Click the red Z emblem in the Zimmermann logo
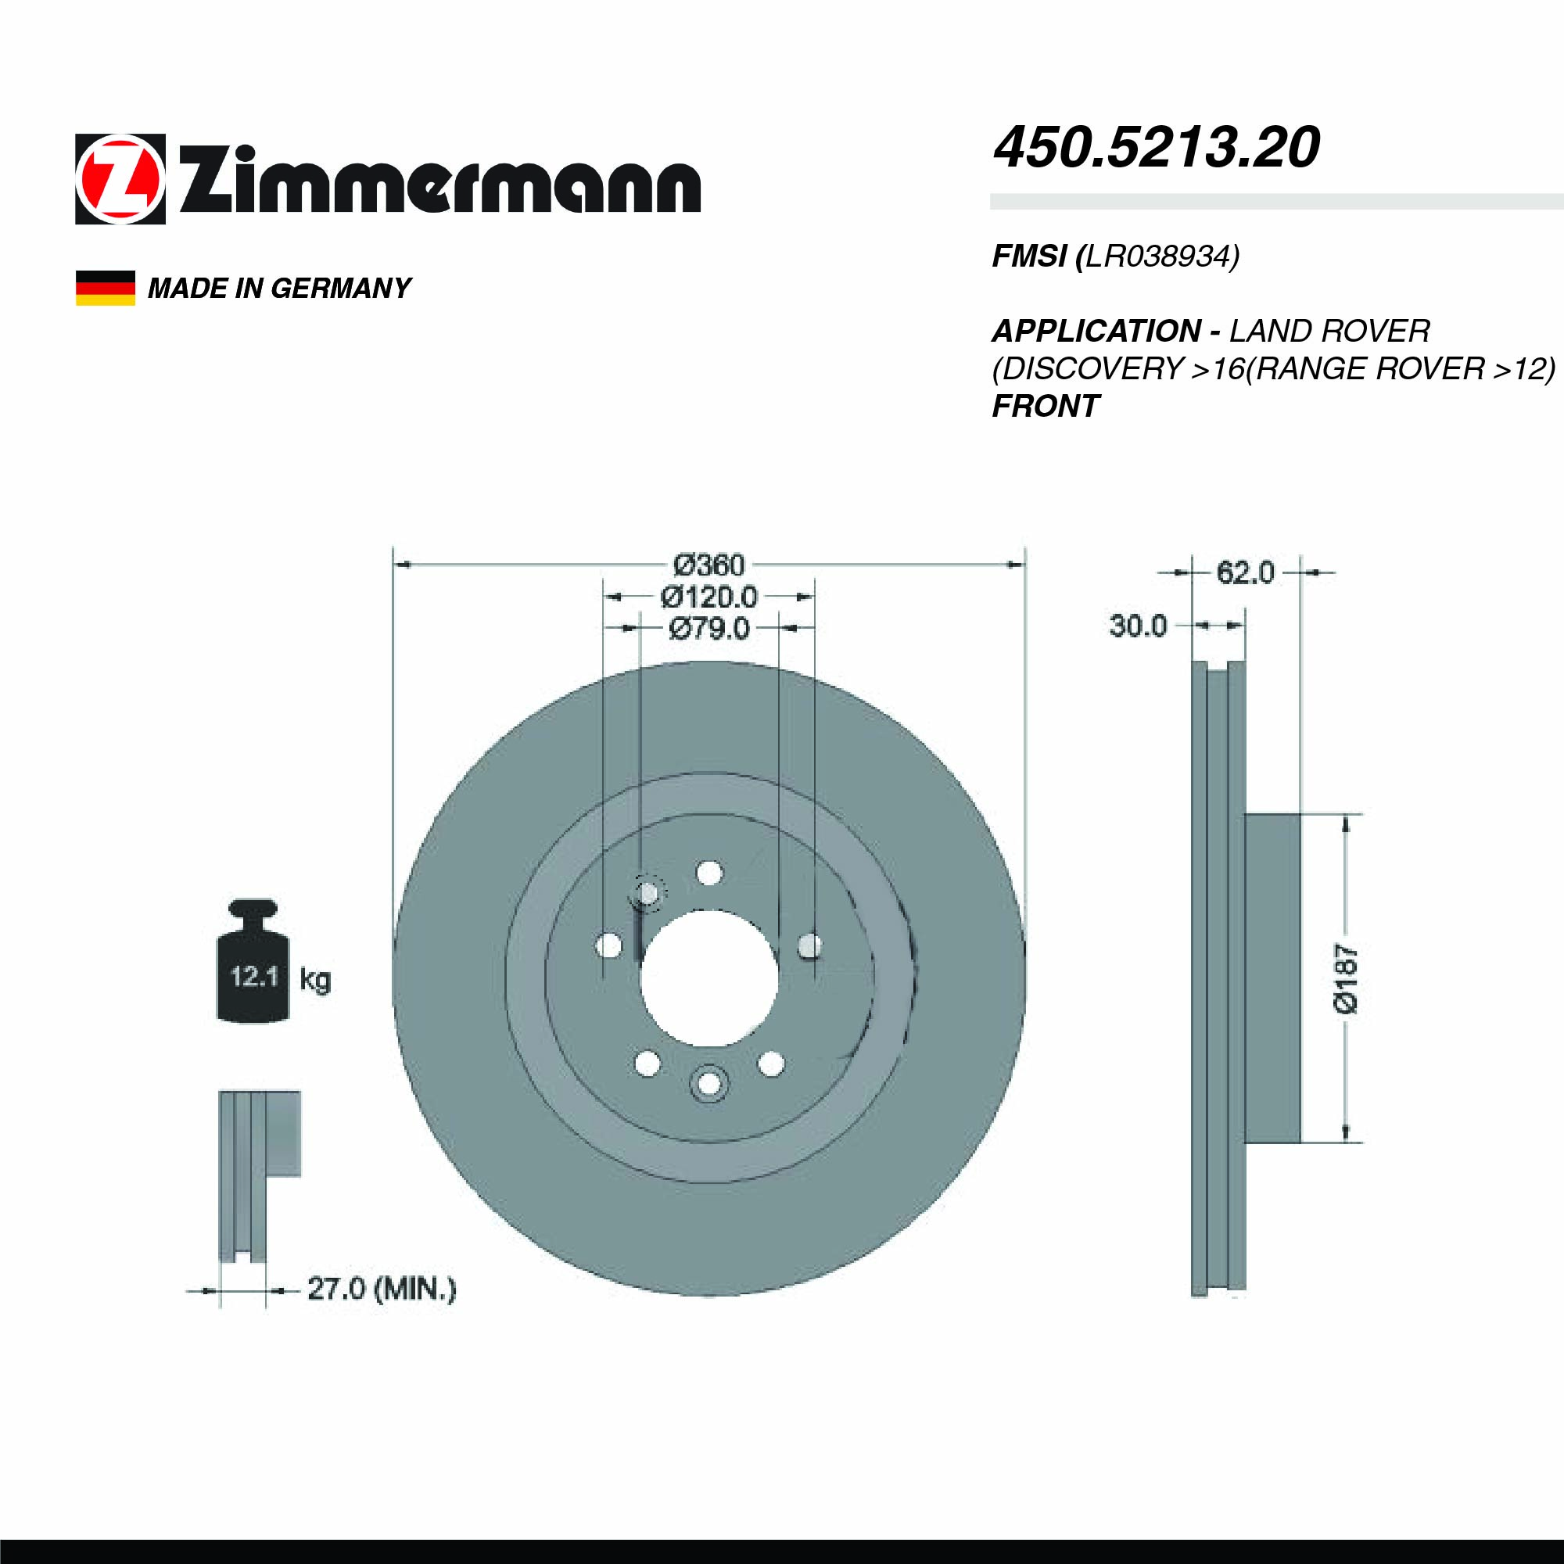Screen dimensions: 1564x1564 (120, 179)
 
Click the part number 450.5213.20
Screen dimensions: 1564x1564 (1156, 149)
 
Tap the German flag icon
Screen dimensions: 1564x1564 (106, 289)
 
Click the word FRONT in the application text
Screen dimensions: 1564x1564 (1045, 407)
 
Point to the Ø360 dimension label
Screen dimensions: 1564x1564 (708, 565)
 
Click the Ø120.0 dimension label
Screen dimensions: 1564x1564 (708, 597)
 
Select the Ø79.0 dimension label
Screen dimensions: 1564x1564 (708, 628)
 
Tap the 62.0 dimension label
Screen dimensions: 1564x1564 (1245, 573)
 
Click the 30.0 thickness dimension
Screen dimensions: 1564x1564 (1137, 626)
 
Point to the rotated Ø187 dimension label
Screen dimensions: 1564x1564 (1345, 979)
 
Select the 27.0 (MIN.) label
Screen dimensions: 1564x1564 (382, 1289)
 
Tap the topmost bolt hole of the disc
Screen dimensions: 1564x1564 (709, 873)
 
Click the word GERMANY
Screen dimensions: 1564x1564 (341, 289)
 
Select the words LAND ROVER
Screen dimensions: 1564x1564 (1329, 331)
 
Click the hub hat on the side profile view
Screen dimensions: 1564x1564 (1272, 979)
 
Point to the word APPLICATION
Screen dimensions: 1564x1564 (1096, 331)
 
